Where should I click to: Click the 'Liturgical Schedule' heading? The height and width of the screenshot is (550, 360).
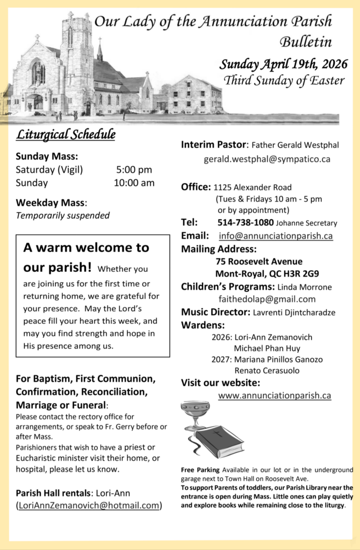65,134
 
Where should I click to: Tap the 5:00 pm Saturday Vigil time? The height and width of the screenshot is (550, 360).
134,170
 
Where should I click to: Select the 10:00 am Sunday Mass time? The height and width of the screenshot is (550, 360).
134,183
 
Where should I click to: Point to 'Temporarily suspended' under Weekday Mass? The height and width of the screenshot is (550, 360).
62,215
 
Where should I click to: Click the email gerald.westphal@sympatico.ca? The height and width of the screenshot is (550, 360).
267,159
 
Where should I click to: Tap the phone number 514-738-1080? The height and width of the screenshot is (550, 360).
246,222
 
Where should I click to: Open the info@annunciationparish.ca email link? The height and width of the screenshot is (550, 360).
276,236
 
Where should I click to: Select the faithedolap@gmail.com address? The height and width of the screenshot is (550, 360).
267,299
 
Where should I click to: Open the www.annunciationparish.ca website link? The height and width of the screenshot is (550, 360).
274,395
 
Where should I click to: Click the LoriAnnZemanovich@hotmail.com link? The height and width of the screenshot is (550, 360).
89,505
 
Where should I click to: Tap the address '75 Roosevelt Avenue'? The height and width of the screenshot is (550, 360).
259,262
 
